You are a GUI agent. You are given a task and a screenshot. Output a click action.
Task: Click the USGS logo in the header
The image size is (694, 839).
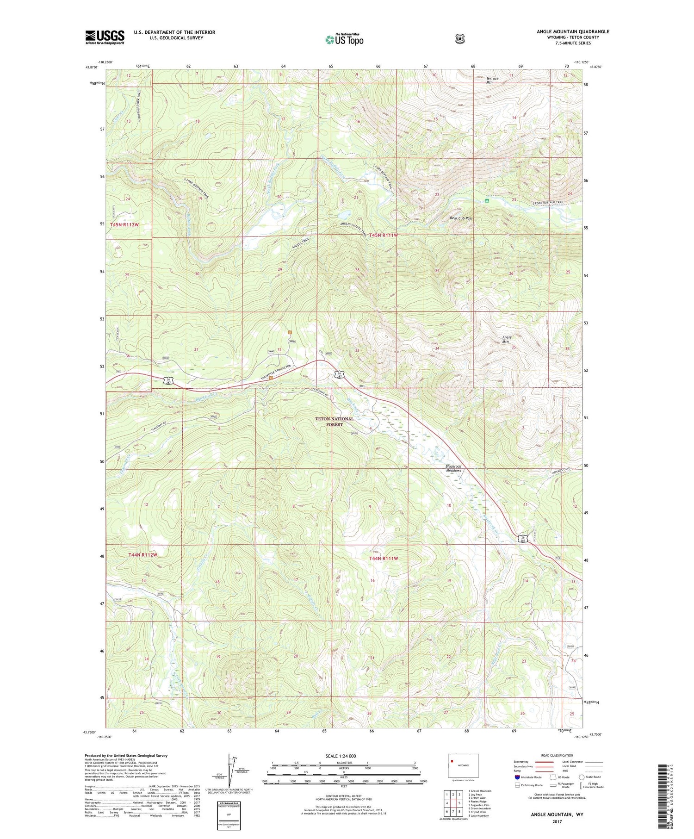click(105, 37)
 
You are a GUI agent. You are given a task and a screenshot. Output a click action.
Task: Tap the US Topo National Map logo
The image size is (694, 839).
click(344, 39)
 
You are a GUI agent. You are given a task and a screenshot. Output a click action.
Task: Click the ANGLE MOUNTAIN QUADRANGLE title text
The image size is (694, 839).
click(573, 31)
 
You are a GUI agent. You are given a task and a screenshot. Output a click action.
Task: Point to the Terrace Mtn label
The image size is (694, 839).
click(492, 80)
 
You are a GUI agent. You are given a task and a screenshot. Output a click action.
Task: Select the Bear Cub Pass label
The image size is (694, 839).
click(461, 218)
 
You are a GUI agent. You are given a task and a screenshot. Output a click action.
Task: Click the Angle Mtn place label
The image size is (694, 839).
click(507, 339)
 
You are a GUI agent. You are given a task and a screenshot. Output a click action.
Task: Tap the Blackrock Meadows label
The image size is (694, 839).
click(453, 468)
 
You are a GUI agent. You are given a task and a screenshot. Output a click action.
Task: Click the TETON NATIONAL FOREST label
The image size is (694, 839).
click(334, 421)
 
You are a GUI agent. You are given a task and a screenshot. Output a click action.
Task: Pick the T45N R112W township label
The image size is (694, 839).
click(124, 224)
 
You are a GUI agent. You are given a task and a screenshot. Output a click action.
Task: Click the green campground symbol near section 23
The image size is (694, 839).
click(486, 201)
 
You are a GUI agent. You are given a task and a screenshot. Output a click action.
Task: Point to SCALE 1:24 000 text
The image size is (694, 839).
click(341, 756)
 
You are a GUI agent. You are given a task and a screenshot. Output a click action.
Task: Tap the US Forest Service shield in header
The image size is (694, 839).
click(459, 39)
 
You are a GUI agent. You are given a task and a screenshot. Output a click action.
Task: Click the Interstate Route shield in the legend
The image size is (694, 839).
click(517, 777)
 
